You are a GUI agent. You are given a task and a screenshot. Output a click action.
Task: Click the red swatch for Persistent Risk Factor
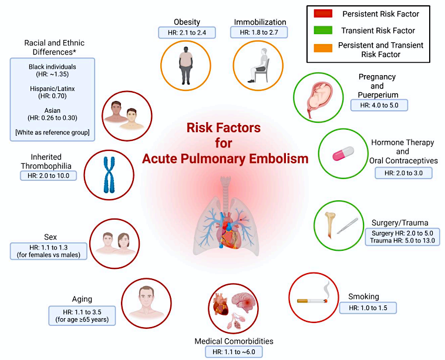323,14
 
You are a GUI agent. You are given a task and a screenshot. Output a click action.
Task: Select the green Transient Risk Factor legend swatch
323,30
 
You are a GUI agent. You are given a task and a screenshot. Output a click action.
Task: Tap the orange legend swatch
323,48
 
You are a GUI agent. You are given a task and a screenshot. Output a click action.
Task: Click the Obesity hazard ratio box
187,33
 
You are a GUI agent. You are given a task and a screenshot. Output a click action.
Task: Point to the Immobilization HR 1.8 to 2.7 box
259,32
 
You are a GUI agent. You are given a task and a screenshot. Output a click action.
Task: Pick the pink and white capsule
343,154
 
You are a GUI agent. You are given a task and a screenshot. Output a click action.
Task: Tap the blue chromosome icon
109,175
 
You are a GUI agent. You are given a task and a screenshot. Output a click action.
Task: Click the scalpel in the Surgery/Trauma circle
348,226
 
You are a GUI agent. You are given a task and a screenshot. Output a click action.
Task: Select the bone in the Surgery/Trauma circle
330,225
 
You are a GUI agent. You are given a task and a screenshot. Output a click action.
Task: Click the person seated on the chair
258,66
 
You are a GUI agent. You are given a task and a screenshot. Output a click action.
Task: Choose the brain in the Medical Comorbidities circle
244,302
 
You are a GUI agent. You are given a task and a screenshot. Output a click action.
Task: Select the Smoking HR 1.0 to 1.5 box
368,308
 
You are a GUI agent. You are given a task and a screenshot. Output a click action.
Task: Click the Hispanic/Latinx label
52,89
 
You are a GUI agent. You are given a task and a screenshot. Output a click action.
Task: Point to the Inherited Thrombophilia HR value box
49,176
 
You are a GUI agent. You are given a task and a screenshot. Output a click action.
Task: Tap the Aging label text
82,300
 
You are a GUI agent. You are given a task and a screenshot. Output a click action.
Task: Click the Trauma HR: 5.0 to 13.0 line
402,241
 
